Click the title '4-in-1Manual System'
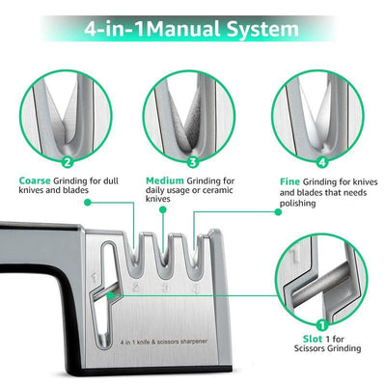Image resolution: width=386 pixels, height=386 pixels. [x=193, y=28]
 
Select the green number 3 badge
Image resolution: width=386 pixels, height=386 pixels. [x=193, y=162]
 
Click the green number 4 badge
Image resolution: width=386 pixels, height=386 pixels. [x=322, y=162]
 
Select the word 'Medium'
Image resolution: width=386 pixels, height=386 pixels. [x=165, y=180]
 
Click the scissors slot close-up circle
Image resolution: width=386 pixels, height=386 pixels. [x=322, y=281]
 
